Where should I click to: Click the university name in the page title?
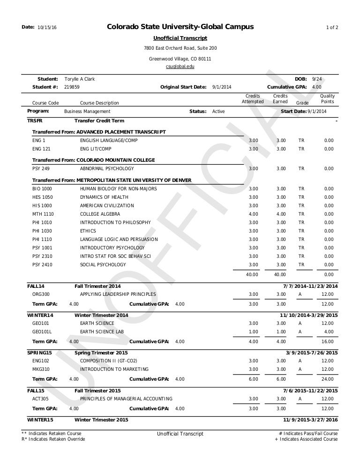(x=180, y=28)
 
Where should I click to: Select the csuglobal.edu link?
(x=180, y=67)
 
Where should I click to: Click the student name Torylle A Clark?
(x=80, y=80)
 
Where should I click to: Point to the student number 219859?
(x=72, y=87)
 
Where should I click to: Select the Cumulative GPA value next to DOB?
(x=316, y=87)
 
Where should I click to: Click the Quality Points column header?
(x=327, y=99)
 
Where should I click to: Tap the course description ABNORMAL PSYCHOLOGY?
(x=107, y=169)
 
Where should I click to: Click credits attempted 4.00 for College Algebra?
(x=253, y=214)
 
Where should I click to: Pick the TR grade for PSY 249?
(x=301, y=169)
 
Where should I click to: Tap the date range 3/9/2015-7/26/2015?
(x=312, y=353)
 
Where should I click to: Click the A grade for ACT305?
(x=300, y=399)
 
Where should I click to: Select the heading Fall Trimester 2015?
(x=98, y=391)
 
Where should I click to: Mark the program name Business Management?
(x=87, y=112)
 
